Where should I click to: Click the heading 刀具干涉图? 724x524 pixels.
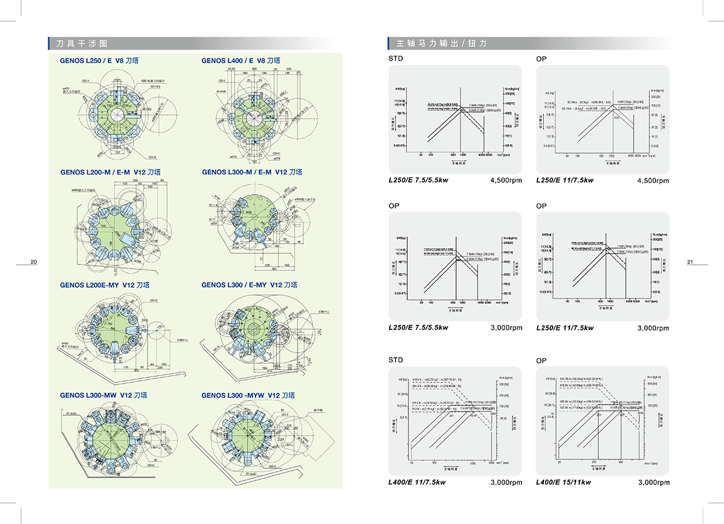click(x=82, y=44)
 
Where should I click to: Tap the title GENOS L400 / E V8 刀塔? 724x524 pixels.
click(x=241, y=61)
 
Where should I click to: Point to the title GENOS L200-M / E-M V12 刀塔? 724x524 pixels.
click(x=111, y=172)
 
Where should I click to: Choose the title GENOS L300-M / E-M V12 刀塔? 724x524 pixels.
click(x=252, y=172)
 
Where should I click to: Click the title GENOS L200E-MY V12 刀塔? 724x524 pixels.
click(x=105, y=285)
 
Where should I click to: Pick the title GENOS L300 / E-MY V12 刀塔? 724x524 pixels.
click(x=249, y=285)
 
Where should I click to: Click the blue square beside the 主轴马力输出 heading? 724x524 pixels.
click(x=374, y=44)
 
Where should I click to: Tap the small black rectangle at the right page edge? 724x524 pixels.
click(x=697, y=262)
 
